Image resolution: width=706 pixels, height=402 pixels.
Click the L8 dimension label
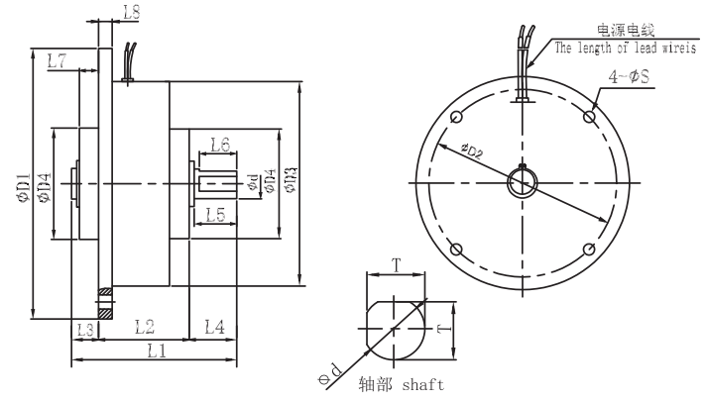pos(132,12)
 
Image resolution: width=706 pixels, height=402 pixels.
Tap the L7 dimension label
pos(57,60)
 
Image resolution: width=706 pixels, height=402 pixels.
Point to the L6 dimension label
pos(220,145)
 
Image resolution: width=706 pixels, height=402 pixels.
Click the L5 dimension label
pos(216,215)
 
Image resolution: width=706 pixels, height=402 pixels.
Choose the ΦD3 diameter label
pos(291,180)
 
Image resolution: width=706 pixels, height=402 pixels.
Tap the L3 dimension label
pos(85,330)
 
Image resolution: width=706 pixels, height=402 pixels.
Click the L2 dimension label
pos(145,327)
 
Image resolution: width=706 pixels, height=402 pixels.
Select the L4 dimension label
pos(215,327)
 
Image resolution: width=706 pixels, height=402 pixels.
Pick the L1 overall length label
pos(157,351)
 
